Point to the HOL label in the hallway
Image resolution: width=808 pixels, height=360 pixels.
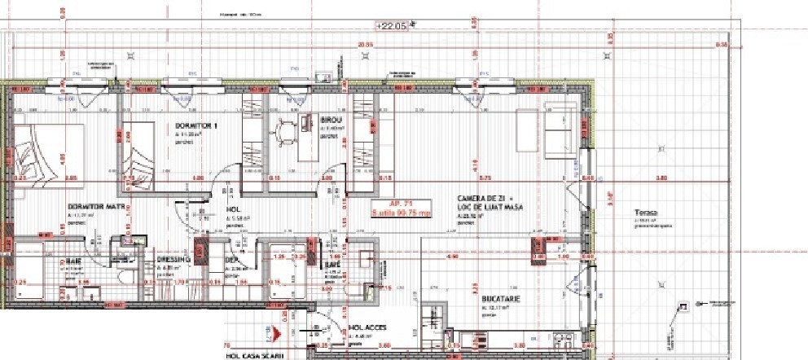[232, 209]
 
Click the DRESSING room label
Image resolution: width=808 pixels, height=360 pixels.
[173, 260]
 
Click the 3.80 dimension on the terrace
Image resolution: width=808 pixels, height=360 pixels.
[661, 178]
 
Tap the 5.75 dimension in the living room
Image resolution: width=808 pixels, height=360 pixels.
[485, 178]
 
